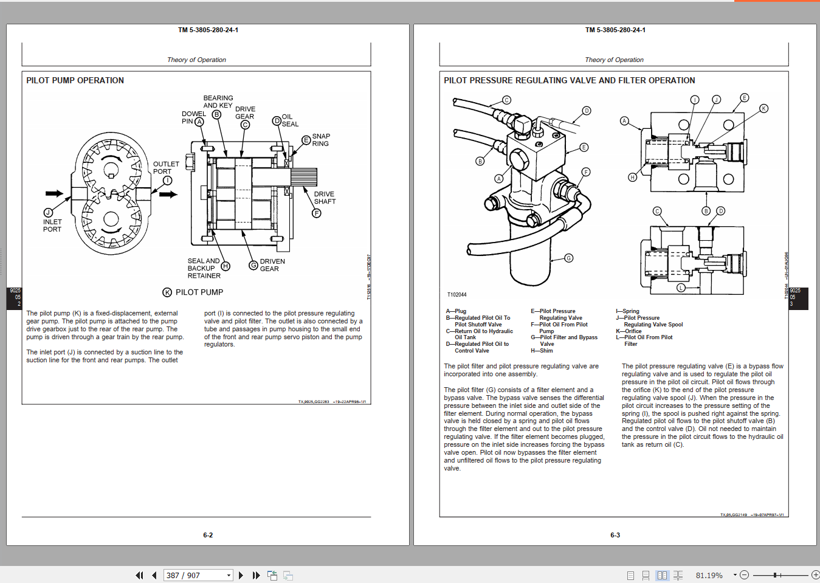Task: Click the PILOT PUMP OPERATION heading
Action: (x=75, y=80)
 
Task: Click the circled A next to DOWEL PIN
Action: (x=199, y=122)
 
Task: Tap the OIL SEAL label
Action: (x=289, y=120)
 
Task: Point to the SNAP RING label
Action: (x=320, y=140)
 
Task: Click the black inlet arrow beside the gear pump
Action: (x=54, y=193)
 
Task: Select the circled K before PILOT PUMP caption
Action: (x=167, y=292)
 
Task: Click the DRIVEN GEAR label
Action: (x=272, y=265)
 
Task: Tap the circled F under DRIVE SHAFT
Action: (x=317, y=213)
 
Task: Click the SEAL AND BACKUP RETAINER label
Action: (x=203, y=268)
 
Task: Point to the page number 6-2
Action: (x=208, y=535)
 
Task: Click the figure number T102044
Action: (x=457, y=295)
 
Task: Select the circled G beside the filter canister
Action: (x=569, y=258)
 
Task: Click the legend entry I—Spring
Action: (x=627, y=311)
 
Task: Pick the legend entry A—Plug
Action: (x=456, y=311)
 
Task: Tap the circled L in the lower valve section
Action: (x=681, y=288)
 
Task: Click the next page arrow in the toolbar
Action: (x=241, y=575)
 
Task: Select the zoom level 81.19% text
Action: (x=709, y=575)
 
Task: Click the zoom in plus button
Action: (x=815, y=574)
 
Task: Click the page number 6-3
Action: (x=615, y=535)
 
